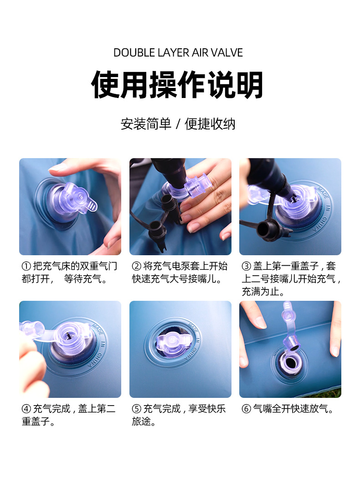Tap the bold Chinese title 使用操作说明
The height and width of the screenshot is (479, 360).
point(178,85)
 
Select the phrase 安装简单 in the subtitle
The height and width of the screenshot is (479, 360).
point(145,124)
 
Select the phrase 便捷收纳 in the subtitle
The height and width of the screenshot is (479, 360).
point(210,124)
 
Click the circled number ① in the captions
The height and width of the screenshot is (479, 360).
point(26,266)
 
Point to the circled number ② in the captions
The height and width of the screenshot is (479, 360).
point(137,266)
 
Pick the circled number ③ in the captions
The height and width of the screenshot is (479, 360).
point(247,266)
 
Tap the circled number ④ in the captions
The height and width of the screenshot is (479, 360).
point(26,409)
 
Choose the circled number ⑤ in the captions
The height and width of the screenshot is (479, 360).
point(137,409)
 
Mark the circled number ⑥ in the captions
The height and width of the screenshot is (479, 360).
point(247,409)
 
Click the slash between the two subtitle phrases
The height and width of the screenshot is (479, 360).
point(178,124)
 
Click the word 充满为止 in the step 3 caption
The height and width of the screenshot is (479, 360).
point(259,292)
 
